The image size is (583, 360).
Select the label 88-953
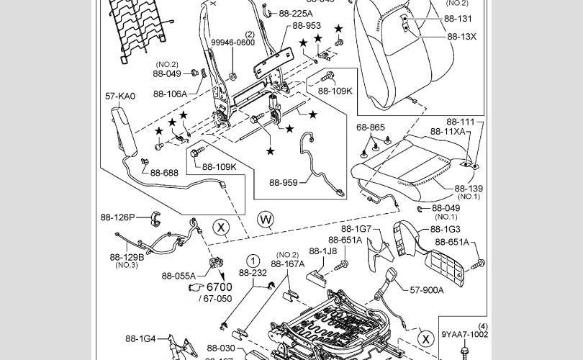tap(306, 25)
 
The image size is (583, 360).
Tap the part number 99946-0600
tap(232, 42)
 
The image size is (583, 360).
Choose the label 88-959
tap(284, 183)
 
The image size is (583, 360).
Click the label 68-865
tap(371, 127)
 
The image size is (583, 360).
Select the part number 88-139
tap(468, 189)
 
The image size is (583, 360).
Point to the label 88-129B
tap(127, 257)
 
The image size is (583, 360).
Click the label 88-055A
tap(178, 275)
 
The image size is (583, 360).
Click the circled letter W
tap(266, 218)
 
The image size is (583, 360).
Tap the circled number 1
tap(253, 261)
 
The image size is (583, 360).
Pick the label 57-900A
tap(427, 290)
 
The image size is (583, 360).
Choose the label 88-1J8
tap(323, 251)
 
